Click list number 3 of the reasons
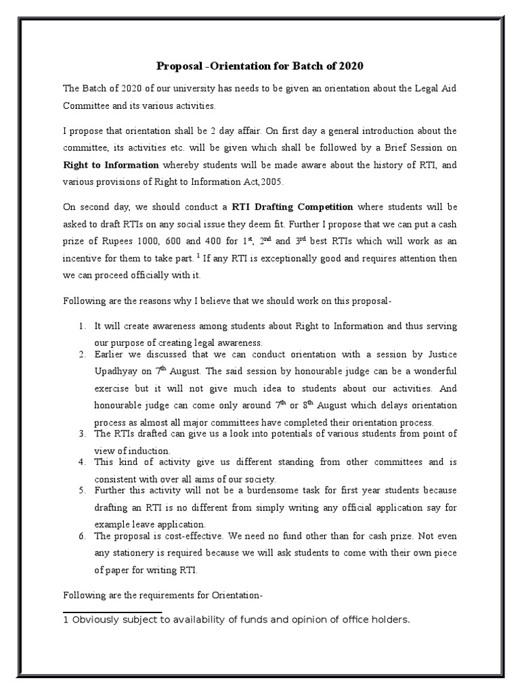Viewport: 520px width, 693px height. (x=81, y=433)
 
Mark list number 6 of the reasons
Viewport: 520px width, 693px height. (x=81, y=536)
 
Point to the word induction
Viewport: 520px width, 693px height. (x=148, y=451)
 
